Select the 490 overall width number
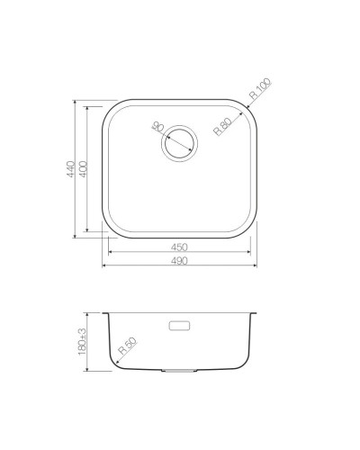pyautogui.click(x=181, y=262)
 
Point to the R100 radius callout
pyautogui.click(x=260, y=91)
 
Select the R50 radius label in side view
pyautogui.click(x=125, y=345)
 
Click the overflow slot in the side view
pyautogui.click(x=180, y=323)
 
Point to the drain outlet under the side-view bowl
pyautogui.click(x=180, y=369)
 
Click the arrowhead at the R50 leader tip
pyautogui.click(x=114, y=357)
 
